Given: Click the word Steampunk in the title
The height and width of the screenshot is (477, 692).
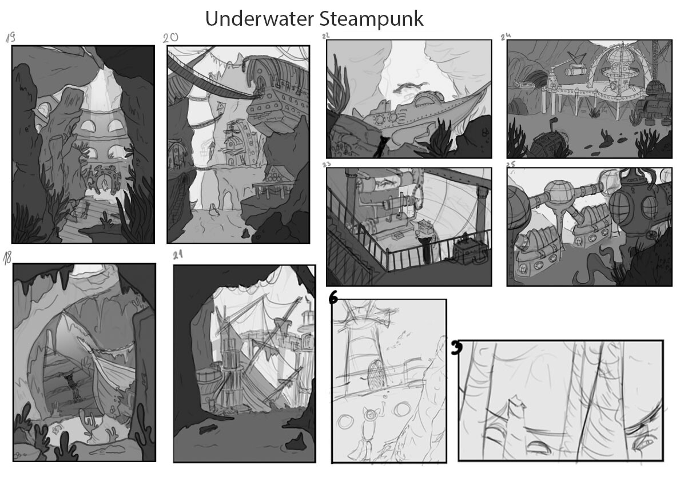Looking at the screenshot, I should [372, 19].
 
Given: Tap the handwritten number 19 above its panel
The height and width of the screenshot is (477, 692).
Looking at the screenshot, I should [10, 38].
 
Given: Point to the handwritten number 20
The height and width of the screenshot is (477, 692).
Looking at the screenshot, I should [170, 38].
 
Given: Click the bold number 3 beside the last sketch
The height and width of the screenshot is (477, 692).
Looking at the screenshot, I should [456, 348].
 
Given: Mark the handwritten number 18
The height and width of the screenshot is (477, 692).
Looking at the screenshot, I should [7, 258].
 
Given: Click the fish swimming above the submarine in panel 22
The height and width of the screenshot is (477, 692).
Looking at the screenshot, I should [408, 86].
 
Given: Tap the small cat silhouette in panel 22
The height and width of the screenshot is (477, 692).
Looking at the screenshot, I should [379, 148].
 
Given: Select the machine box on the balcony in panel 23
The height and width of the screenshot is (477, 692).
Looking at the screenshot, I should [469, 249].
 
